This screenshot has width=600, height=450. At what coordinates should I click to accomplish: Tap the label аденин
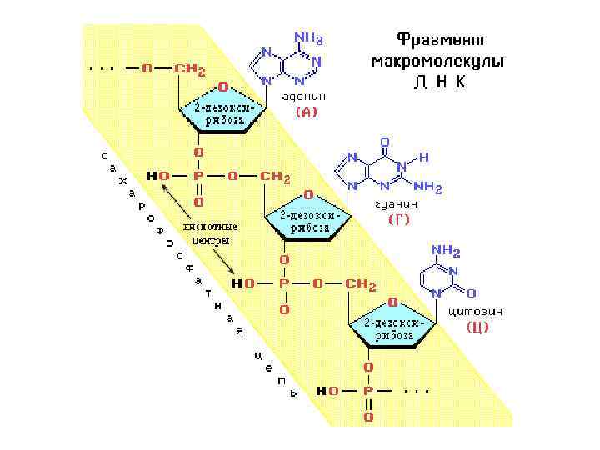pos(300,96)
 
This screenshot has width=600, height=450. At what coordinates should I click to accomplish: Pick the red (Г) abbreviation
pos(400,221)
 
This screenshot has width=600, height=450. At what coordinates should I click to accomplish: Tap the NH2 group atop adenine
pos(307,38)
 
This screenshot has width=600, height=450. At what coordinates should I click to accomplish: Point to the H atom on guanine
pos(424,156)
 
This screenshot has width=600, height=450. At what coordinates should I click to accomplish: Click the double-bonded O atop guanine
pos(385,142)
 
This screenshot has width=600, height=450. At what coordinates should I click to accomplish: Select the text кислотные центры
pos(210,232)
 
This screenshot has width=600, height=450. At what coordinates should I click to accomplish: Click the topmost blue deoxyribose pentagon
pos(221,113)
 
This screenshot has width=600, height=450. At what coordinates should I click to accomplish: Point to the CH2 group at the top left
pos(189,69)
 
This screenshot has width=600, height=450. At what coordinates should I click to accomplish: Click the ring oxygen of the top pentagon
pos(222,86)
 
